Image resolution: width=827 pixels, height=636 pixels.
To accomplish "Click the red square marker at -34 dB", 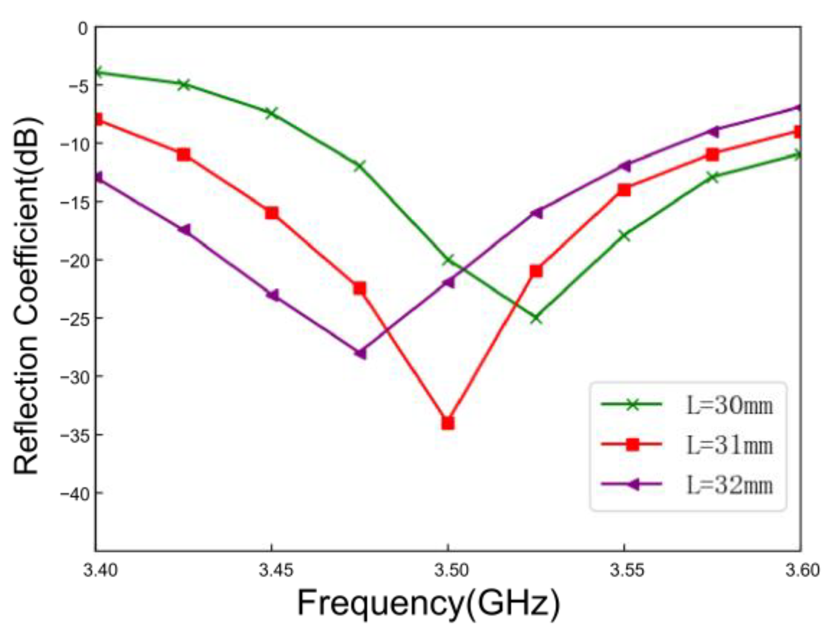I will coord(448,423).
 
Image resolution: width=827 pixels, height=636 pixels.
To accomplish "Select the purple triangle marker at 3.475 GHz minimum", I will coord(360,353).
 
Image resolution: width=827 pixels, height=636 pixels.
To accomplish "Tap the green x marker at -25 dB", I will coord(536,318).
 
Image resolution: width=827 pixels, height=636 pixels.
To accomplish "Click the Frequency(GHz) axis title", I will coord(428,603).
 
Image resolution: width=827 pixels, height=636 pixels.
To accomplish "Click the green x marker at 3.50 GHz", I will coord(448,260).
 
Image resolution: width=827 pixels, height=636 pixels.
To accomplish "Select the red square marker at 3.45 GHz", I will coord(272,213).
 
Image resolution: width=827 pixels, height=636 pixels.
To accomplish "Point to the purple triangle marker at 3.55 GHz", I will coord(623,166).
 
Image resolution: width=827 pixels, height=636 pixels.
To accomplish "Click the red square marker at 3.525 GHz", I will coord(536,271).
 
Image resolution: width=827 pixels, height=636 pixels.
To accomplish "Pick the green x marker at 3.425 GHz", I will coord(184,85).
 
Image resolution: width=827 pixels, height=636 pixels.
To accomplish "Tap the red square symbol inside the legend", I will coord(632,444).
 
